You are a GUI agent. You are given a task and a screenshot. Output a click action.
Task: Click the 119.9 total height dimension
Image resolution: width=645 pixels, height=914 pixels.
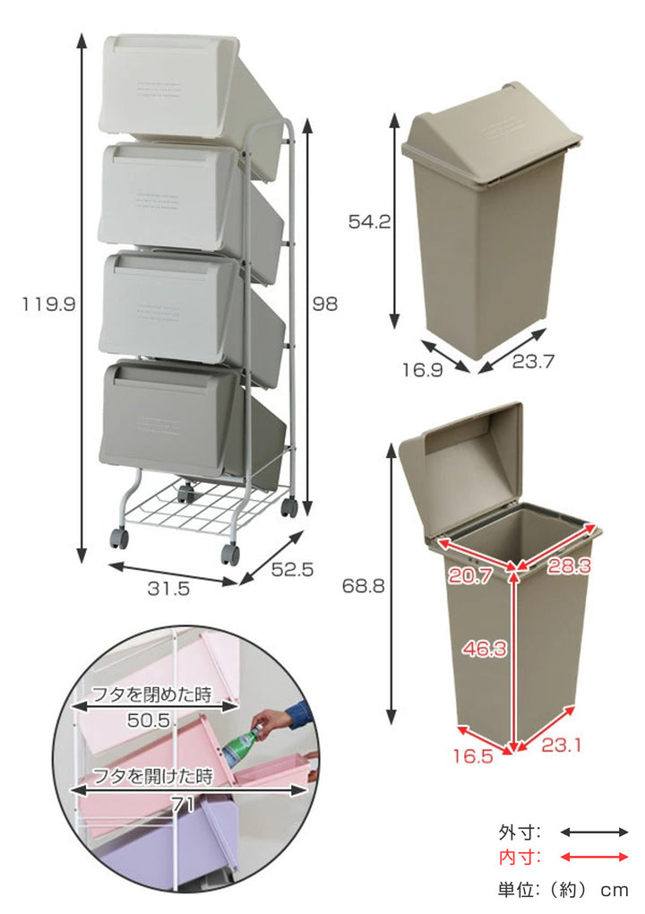[49, 305]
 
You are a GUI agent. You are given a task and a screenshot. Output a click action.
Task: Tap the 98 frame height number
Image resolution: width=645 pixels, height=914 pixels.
[324, 304]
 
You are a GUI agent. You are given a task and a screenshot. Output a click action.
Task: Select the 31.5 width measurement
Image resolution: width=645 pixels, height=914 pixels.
[168, 588]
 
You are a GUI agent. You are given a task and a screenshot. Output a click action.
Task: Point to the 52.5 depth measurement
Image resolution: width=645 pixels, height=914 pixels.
[292, 569]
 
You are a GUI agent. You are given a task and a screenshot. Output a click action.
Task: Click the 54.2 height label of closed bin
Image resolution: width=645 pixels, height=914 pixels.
[369, 221]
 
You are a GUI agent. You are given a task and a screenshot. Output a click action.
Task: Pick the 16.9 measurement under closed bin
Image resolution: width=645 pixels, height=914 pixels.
[423, 369]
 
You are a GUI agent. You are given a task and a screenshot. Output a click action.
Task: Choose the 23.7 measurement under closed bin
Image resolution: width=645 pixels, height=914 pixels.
[533, 361]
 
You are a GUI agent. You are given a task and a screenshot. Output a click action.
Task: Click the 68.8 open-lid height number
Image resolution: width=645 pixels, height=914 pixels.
[363, 586]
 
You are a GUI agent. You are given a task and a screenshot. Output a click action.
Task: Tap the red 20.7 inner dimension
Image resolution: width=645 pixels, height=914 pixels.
[470, 576]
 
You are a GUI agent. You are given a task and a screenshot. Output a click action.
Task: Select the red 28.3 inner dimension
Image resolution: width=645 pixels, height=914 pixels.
[569, 565]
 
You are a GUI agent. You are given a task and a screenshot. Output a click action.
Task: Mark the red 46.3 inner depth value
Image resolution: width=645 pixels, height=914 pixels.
[485, 648]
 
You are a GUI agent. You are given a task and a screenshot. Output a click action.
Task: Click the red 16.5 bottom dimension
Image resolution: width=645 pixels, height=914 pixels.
[473, 756]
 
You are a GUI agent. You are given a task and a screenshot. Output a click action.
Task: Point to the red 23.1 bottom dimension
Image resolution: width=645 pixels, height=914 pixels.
[561, 745]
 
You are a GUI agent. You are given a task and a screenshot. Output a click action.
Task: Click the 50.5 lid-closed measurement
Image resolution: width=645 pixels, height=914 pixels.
[149, 720]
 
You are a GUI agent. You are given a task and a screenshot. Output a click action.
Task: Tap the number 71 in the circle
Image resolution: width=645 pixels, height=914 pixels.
[183, 805]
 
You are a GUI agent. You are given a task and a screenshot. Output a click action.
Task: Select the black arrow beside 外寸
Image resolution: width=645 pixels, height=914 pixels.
[594, 832]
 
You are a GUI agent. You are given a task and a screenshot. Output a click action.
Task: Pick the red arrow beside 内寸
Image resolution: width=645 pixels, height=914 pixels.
[594, 857]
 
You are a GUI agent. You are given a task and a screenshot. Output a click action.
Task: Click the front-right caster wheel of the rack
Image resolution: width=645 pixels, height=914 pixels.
[231, 554]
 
